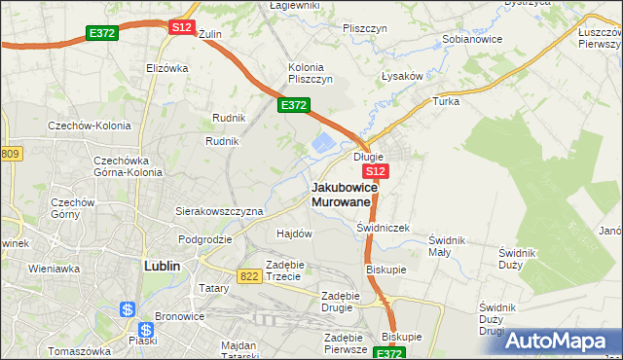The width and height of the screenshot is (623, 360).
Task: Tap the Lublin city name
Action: click(163, 265)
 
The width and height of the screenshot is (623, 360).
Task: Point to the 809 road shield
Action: click(11, 154)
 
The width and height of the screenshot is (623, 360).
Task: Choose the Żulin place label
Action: click(210, 34)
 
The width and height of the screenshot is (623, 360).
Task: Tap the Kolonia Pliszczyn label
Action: click(311, 73)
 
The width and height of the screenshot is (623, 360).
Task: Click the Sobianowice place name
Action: click(471, 40)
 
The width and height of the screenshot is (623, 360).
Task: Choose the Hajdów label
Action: click(294, 234)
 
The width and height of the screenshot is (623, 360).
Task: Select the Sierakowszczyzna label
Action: click(219, 211)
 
